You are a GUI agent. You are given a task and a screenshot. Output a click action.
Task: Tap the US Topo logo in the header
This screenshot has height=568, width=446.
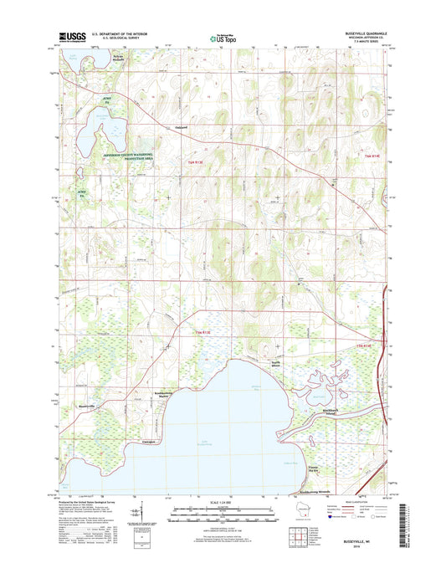point(222,37)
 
